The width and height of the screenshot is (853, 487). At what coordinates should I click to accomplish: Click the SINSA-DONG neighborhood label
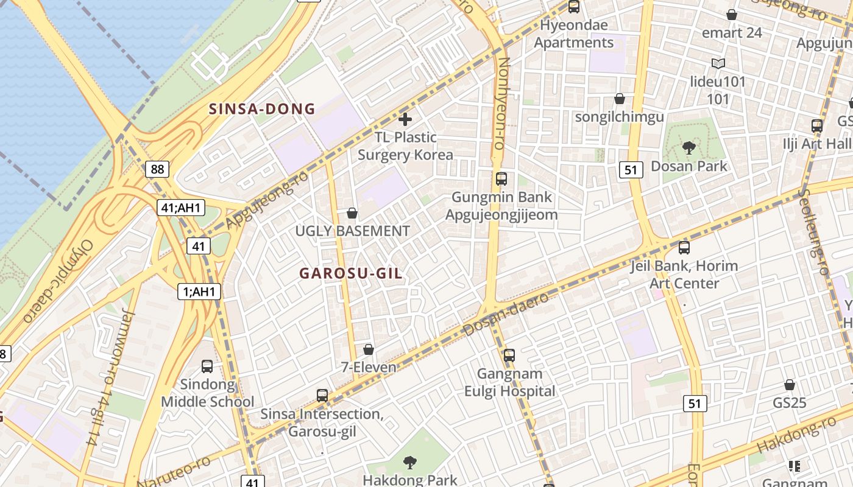[262, 110]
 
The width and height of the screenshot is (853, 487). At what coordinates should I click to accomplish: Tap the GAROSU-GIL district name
[351, 273]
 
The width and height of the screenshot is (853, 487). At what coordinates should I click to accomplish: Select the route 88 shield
[157, 169]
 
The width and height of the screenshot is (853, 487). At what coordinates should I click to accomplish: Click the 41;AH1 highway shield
[180, 208]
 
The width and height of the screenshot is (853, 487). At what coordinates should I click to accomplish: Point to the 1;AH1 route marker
[199, 292]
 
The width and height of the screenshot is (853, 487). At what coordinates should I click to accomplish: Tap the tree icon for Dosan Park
[689, 147]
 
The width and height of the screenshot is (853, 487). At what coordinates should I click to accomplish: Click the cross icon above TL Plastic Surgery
[405, 119]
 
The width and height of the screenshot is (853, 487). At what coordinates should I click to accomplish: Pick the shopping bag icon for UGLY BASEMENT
[352, 213]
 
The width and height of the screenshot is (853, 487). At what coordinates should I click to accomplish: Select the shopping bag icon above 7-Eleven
[369, 349]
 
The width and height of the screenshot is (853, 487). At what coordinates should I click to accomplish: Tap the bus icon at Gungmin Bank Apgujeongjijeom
[501, 179]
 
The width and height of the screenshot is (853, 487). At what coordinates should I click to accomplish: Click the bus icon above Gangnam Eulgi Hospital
[509, 355]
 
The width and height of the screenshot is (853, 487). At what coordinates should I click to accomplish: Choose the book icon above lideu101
[718, 63]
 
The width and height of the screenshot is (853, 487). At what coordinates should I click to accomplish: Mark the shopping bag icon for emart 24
[732, 15]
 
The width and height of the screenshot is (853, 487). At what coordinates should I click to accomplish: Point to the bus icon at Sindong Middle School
[207, 366]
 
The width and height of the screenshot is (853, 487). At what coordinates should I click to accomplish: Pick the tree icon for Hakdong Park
[410, 463]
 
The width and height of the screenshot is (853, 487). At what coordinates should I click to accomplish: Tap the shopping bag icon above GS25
[790, 385]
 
